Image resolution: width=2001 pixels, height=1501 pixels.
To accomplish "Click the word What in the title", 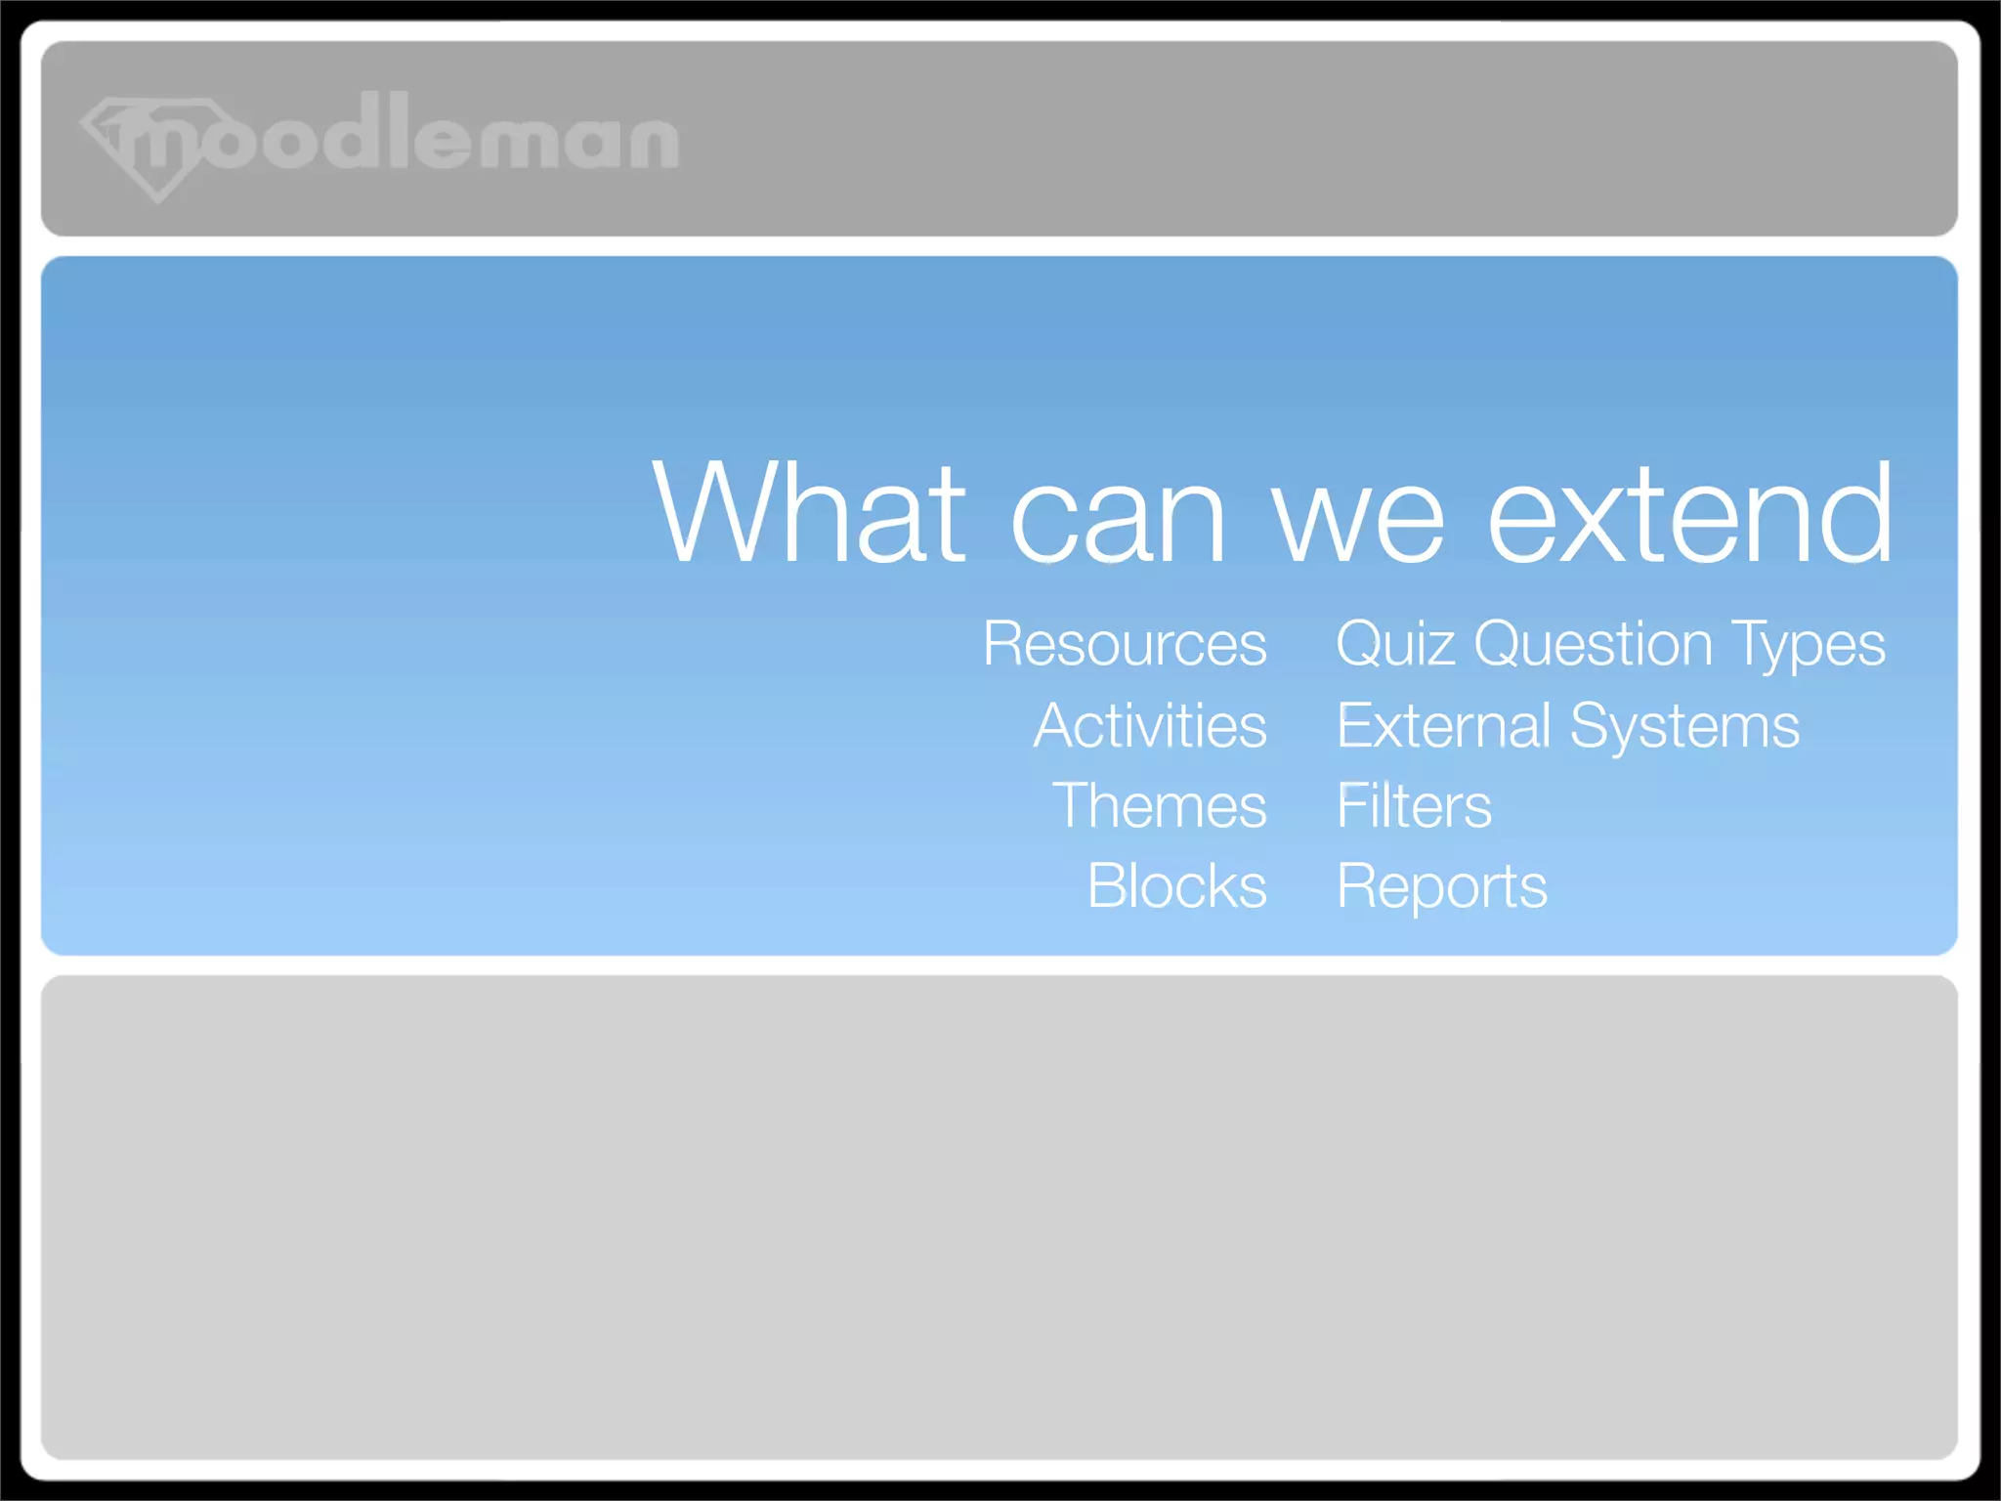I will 809,513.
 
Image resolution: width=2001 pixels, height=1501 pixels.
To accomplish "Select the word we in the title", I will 1358,518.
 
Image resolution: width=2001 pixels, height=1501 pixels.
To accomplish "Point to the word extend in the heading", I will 1689,513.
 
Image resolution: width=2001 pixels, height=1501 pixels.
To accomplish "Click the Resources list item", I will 1125,644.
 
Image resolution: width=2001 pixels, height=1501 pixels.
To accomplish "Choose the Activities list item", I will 1150,726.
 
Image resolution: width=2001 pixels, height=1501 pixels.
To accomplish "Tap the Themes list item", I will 1159,806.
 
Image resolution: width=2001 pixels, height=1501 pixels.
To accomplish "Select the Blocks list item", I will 1176,886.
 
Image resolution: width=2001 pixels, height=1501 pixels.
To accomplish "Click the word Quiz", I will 1395,645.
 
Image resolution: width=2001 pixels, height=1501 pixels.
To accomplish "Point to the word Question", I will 1593,645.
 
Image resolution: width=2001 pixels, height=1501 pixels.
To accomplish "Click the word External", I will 1443,726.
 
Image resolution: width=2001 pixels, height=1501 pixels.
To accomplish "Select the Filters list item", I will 1414,806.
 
